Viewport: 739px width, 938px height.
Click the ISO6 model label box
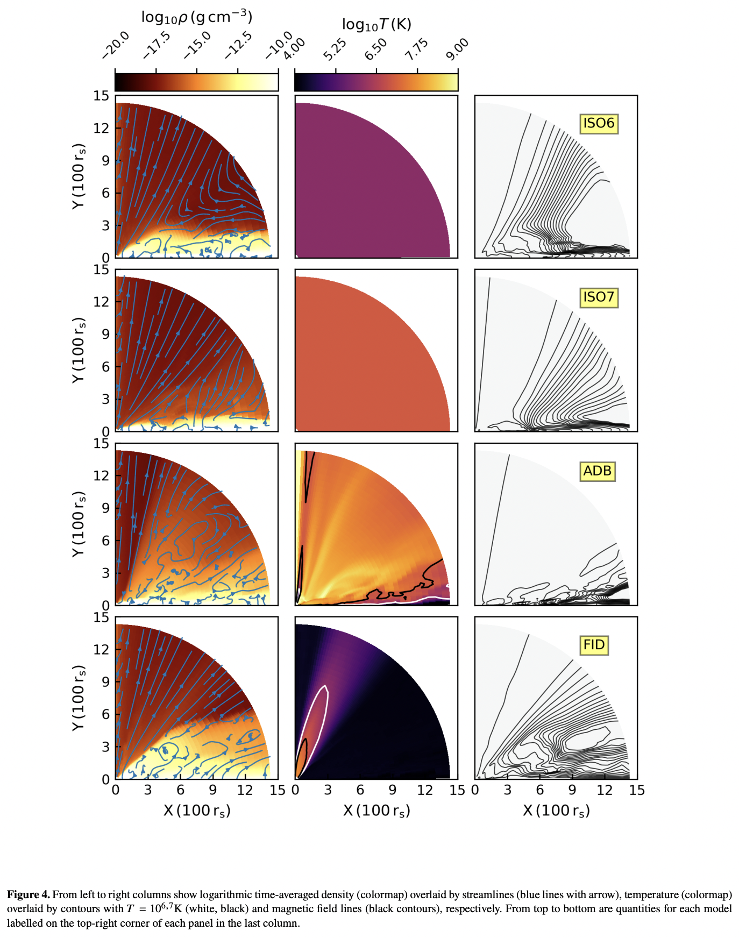coord(598,123)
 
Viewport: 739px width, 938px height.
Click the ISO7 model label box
coord(598,297)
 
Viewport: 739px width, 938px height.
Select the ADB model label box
coord(597,471)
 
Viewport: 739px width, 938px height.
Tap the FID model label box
coord(594,645)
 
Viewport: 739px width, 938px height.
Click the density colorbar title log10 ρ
coord(196,17)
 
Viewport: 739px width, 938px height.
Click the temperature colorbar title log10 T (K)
coord(376,24)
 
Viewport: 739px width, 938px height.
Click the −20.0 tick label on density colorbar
coord(116,45)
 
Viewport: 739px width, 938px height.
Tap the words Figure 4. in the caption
coord(28,894)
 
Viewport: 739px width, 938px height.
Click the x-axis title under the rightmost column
coord(556,811)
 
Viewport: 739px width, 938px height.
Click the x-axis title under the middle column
coord(376,811)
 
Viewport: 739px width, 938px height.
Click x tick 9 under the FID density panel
coord(213,790)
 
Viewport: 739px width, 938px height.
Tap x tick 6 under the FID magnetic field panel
coord(540,790)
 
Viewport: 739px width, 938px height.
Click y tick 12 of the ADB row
coord(101,475)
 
